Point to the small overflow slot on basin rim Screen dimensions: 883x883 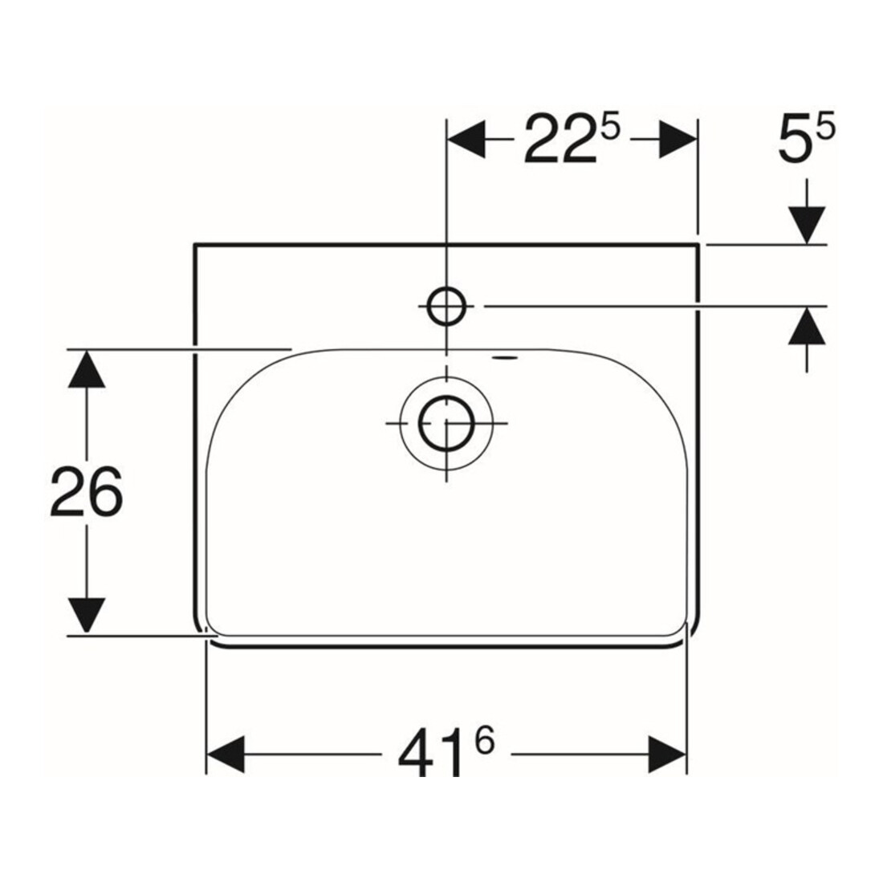504,356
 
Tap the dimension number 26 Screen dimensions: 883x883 86,491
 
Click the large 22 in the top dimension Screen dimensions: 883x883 560,139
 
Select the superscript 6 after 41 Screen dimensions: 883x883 484,741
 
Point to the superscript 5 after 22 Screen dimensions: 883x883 610,125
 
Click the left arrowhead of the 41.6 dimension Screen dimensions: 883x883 226,754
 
